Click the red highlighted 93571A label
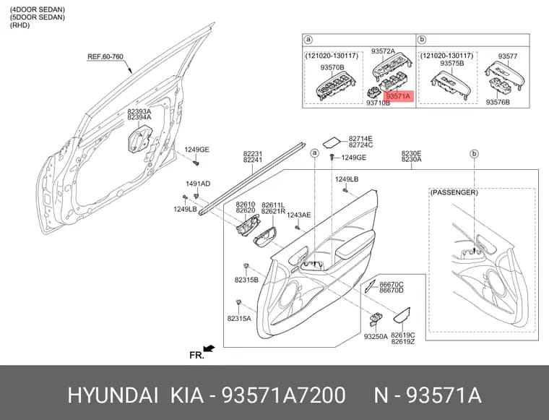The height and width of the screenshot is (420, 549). [x=399, y=95]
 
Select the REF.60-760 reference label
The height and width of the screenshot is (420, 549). [x=105, y=56]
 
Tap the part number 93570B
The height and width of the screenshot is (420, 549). [x=332, y=67]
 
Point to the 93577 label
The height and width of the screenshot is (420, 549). [x=508, y=56]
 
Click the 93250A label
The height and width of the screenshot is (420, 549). [x=376, y=337]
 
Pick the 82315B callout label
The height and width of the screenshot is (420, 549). [x=246, y=280]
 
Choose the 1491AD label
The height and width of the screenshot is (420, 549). [x=198, y=184]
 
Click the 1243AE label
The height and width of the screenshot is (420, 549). [x=298, y=215]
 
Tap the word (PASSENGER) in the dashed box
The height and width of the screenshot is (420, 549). [x=454, y=193]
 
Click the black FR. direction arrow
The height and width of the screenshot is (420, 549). [x=209, y=348]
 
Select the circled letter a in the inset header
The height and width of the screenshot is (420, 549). [x=308, y=40]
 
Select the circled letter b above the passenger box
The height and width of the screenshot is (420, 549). [x=474, y=154]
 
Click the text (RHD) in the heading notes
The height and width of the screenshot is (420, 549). [x=20, y=25]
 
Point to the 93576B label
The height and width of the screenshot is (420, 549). [x=498, y=102]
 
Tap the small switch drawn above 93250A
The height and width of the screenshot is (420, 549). [x=376, y=318]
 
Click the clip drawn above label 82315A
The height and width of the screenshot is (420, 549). [x=239, y=302]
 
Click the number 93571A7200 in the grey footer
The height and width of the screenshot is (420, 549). [x=284, y=395]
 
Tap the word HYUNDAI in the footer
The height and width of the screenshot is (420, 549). [x=113, y=395]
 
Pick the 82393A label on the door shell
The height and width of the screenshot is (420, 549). [x=139, y=111]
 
